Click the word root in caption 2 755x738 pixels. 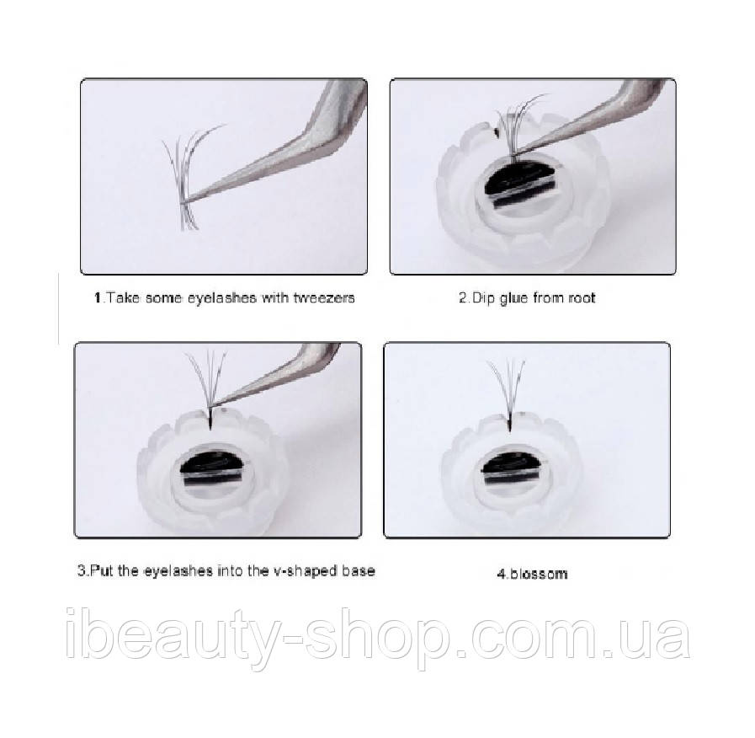coord(582,298)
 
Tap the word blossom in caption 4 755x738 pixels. coord(540,574)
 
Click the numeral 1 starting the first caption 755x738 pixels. coord(98,297)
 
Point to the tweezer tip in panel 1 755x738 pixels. coord(188,200)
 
